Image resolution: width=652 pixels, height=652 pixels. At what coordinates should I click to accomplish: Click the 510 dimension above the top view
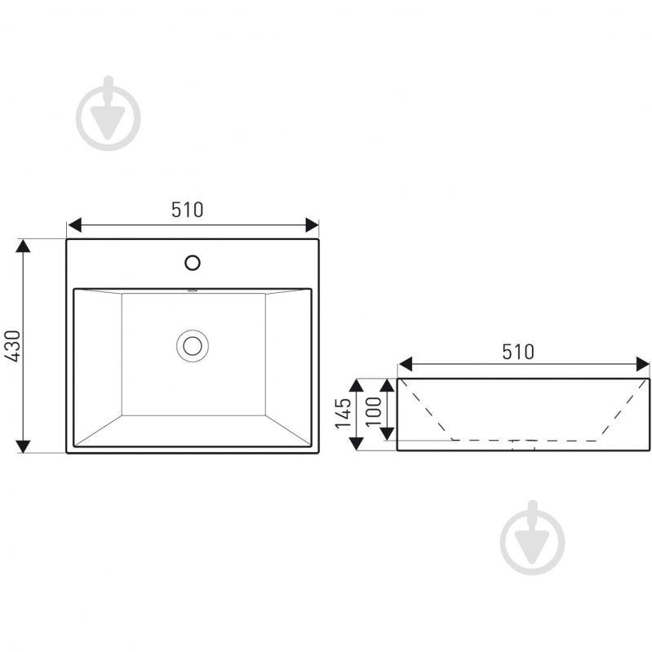[x=188, y=210]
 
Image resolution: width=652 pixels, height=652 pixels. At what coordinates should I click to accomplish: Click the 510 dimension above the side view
[x=517, y=353]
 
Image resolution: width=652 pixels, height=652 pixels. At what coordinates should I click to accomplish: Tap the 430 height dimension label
[x=11, y=346]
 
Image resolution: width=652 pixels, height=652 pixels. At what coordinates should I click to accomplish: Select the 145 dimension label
[x=344, y=414]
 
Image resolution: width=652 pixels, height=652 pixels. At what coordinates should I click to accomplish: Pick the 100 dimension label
[x=374, y=411]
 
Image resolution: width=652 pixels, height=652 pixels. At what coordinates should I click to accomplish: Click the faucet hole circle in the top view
[x=193, y=263]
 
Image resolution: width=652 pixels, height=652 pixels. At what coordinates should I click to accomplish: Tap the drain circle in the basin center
[x=193, y=346]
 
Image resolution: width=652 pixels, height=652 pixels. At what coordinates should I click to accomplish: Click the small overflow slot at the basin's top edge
[x=192, y=291]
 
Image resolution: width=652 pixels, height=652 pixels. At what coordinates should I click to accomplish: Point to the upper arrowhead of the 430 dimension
[x=23, y=246]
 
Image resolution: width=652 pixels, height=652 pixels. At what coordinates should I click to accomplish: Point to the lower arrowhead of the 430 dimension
[x=23, y=446]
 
